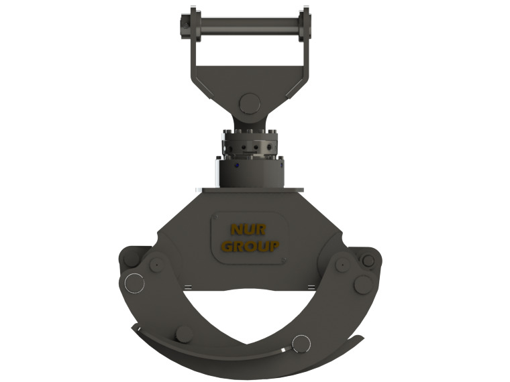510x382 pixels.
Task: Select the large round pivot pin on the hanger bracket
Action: [x=249, y=103]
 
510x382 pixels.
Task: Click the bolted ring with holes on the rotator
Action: [x=249, y=143]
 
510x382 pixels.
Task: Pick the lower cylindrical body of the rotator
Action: [x=249, y=172]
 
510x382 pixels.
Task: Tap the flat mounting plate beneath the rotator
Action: [x=249, y=190]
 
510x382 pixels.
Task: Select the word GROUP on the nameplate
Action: [x=250, y=246]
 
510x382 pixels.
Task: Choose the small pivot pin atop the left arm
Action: [x=156, y=265]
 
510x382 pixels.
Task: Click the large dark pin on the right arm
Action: [x=362, y=284]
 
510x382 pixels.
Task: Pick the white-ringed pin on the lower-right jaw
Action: [x=301, y=344]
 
